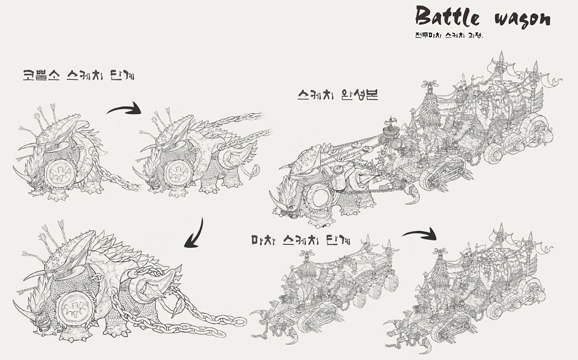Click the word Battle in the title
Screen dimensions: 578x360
pyautogui.click(x=447, y=16)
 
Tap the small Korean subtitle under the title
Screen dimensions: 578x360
pyautogui.click(x=449, y=35)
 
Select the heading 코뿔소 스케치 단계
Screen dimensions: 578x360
pyautogui.click(x=79, y=75)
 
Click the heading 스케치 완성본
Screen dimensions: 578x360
pyautogui.click(x=338, y=95)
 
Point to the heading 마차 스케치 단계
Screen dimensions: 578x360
pyautogui.click(x=301, y=240)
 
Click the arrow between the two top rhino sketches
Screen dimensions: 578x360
pyautogui.click(x=125, y=108)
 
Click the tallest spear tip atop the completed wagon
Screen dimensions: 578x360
pyautogui.click(x=502, y=56)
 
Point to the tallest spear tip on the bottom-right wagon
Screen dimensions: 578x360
pyautogui.click(x=501, y=227)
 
